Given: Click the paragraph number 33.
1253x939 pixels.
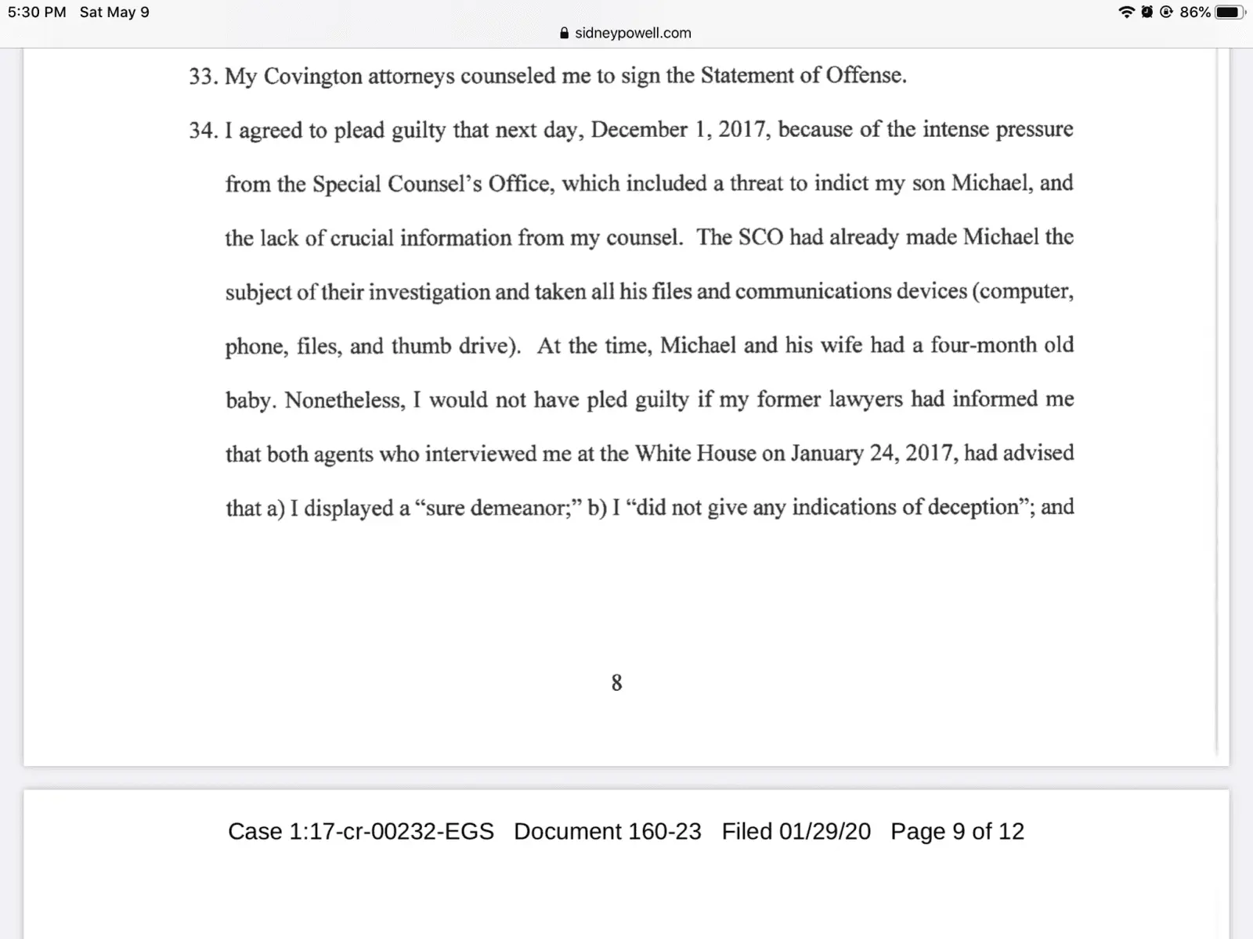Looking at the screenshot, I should (202, 77).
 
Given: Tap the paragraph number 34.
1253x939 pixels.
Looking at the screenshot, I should (202, 131).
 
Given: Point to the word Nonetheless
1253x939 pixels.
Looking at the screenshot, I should (345, 400).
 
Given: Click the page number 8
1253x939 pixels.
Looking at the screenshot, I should (616, 683).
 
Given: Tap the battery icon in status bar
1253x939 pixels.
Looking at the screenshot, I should (1229, 13).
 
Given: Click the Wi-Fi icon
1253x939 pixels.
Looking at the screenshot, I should (1126, 13).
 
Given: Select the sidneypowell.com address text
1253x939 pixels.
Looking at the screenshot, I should (633, 33).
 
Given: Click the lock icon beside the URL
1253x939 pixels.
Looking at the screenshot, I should (565, 33).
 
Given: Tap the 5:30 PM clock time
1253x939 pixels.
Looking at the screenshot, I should (37, 13).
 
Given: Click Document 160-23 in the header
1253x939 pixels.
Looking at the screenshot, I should (607, 831).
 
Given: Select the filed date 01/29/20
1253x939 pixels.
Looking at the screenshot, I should (824, 831).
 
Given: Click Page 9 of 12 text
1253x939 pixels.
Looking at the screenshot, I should (957, 831).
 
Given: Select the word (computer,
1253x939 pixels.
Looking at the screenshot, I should (1023, 292).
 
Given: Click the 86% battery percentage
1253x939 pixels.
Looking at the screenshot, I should (1194, 13).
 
